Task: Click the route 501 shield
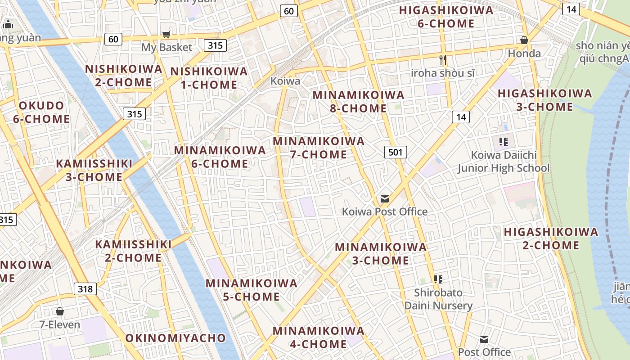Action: pyautogui.click(x=395, y=152)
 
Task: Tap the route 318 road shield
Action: pyautogui.click(x=85, y=288)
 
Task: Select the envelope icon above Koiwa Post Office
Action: pyautogui.click(x=385, y=198)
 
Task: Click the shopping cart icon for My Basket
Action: pyautogui.click(x=166, y=35)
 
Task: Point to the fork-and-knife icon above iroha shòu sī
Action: pyautogui.click(x=443, y=59)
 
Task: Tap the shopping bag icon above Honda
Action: pyautogui.click(x=524, y=40)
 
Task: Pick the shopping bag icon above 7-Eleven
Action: pyautogui.click(x=59, y=311)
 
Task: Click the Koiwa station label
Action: pyautogui.click(x=285, y=81)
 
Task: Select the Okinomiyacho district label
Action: pyautogui.click(x=175, y=338)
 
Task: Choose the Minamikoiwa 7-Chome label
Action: pyautogui.click(x=319, y=148)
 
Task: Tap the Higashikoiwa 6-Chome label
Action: pyautogui.click(x=446, y=17)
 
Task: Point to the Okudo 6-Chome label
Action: pyautogui.click(x=41, y=112)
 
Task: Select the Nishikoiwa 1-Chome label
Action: pyautogui.click(x=209, y=78)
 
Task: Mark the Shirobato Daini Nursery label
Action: pyautogui.click(x=438, y=299)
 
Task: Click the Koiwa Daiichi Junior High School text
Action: pyautogui.click(x=504, y=162)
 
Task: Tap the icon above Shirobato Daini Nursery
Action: pyautogui.click(x=438, y=279)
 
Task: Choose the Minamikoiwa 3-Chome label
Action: pyautogui.click(x=381, y=253)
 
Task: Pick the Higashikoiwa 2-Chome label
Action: pyautogui.click(x=551, y=238)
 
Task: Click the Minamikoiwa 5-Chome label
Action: pyautogui.click(x=252, y=290)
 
